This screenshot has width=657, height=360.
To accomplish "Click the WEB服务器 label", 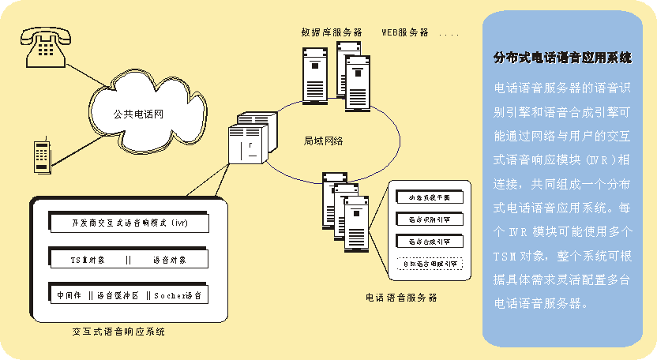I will click(x=405, y=32).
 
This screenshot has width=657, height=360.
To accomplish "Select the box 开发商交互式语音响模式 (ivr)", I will click(x=128, y=223).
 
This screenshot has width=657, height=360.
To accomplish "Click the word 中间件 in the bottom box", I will click(x=69, y=295).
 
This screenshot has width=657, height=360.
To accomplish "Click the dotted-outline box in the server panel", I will click(x=429, y=263).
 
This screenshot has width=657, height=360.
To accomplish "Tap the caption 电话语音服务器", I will click(x=401, y=298).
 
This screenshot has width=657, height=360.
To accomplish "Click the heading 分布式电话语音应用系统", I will click(x=562, y=58).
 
